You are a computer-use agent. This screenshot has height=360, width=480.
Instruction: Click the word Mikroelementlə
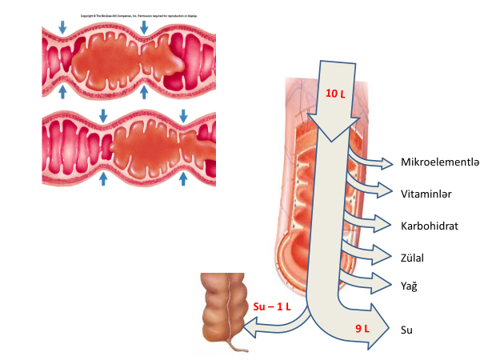(439, 163)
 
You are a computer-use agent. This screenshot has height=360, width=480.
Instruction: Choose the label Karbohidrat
(430, 226)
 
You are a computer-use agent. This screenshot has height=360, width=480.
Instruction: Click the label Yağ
(409, 285)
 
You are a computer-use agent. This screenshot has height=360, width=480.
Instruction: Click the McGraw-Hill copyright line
(140, 15)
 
